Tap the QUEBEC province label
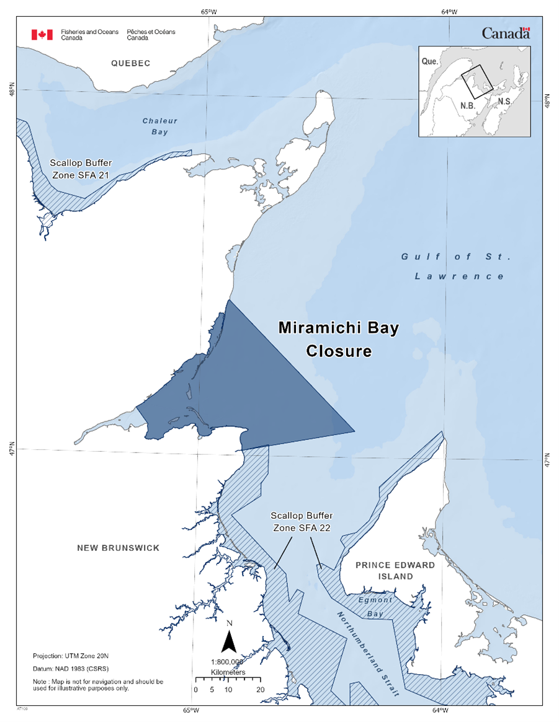pyautogui.click(x=131, y=63)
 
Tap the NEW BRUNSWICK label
pyautogui.click(x=118, y=548)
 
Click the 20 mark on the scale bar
pyautogui.click(x=260, y=689)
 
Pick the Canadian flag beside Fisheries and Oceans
pyautogui.click(x=42, y=35)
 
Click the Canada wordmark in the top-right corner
pyautogui.click(x=505, y=33)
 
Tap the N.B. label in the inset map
pyautogui.click(x=467, y=105)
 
